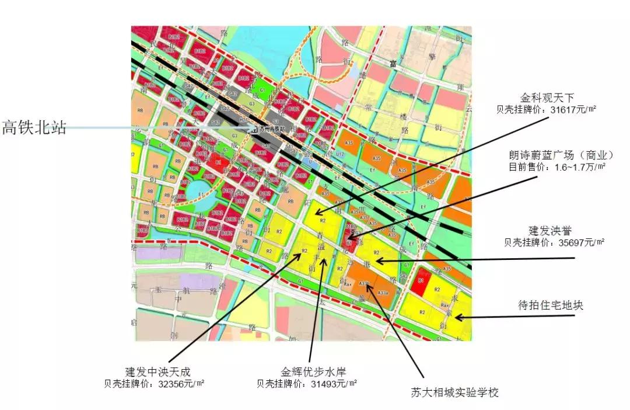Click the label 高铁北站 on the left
[34, 127]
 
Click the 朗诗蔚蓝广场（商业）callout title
[562, 155]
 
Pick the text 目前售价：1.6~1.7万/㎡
[558, 167]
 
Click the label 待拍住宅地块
[551, 305]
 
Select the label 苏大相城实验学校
[455, 392]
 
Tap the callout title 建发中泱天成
[158, 371]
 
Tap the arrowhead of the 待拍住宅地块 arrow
[457, 318]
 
